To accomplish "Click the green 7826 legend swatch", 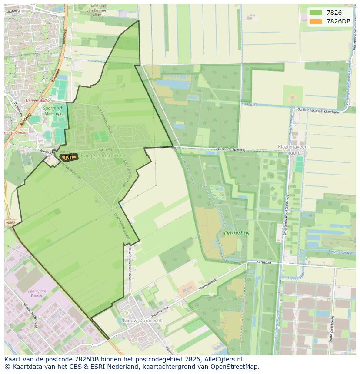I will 316,13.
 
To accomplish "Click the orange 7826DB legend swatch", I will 316,21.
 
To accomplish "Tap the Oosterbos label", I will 237,233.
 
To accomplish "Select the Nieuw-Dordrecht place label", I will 143,320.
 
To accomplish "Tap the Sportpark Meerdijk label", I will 53,110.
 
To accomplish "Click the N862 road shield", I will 10,223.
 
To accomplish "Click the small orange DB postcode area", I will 69,157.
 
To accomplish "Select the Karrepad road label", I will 263,263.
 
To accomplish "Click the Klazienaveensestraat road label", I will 129,265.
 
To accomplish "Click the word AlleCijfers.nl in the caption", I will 223,359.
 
